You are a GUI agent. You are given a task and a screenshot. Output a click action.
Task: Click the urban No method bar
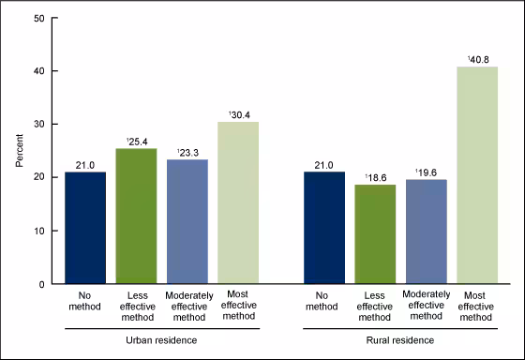(x=85, y=228)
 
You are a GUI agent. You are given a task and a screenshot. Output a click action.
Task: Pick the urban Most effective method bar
(x=238, y=202)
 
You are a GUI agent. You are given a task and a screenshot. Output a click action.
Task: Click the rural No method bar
(x=324, y=228)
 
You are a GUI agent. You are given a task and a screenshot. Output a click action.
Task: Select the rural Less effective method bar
(x=376, y=233)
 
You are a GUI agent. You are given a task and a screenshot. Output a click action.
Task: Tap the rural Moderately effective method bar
(x=427, y=232)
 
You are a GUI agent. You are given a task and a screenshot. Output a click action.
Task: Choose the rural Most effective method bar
(x=477, y=175)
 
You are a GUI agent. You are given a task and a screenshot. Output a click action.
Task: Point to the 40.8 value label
(x=477, y=58)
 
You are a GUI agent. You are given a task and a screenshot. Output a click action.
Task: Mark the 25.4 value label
(x=137, y=141)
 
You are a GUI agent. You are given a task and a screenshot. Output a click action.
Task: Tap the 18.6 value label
(x=376, y=176)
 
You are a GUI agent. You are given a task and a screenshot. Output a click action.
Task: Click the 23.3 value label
(x=187, y=151)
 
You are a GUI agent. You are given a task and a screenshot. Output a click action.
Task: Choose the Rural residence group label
(x=401, y=338)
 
